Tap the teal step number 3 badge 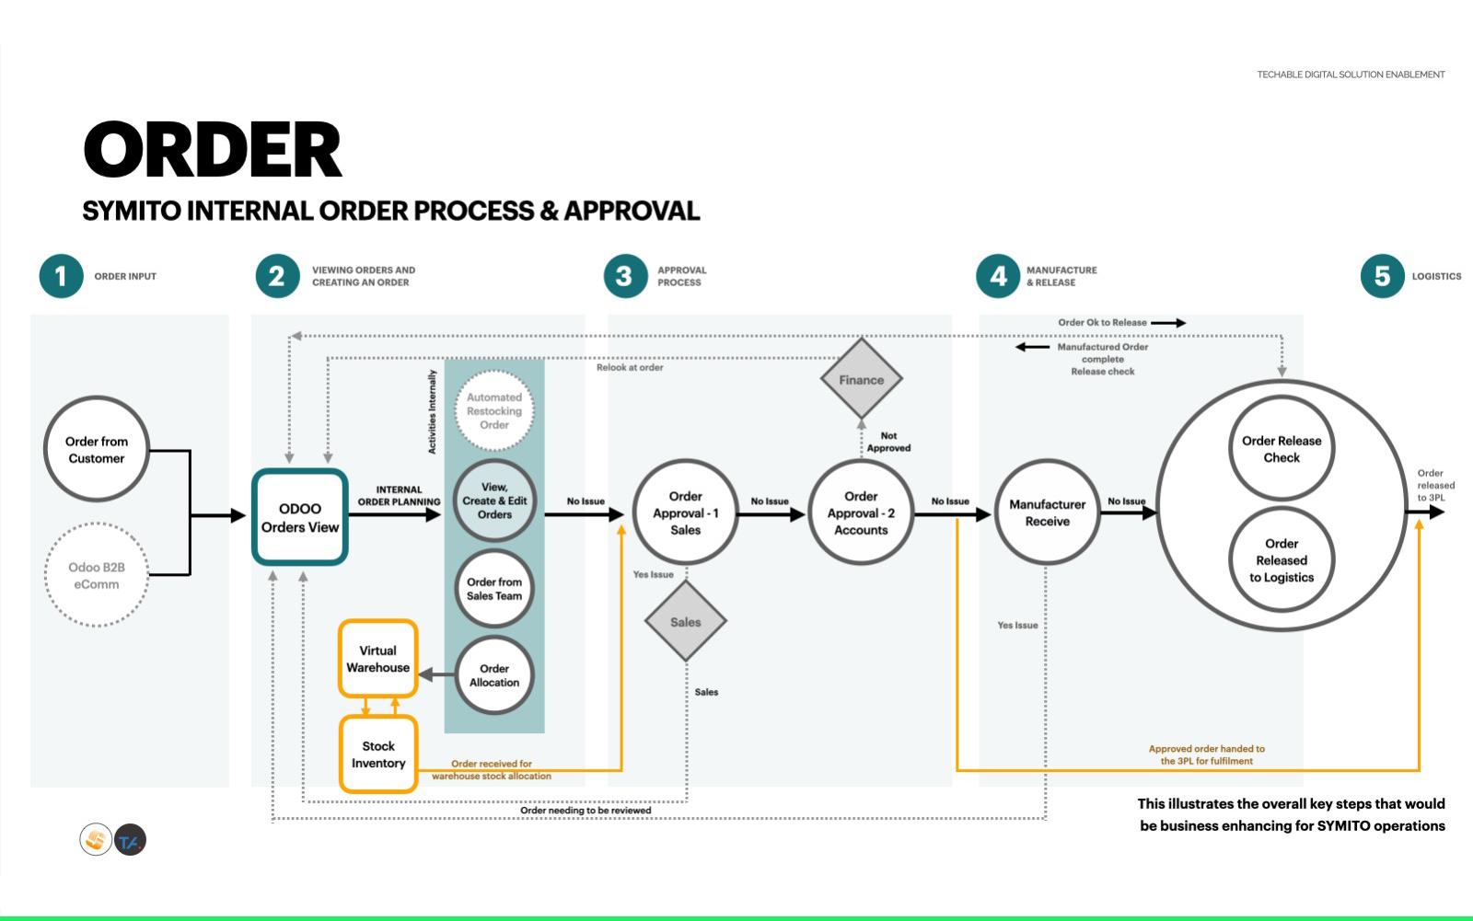pos(625,276)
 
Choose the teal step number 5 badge pos(1382,276)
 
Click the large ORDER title pos(213,150)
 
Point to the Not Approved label pos(888,442)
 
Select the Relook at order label pos(630,367)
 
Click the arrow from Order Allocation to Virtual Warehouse pos(436,674)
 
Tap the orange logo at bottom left pos(96,839)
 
